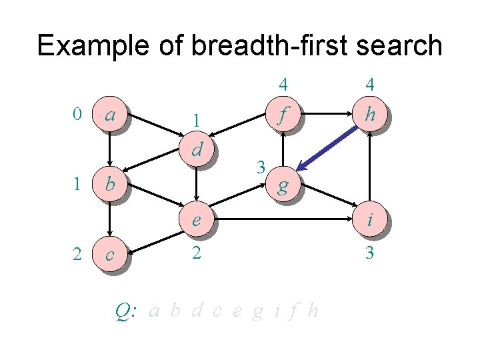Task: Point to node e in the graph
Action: [197, 220]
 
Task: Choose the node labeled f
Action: [283, 117]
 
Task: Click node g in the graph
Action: [283, 186]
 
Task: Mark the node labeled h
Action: [370, 115]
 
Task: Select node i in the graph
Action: [370, 220]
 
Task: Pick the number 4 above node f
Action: [283, 85]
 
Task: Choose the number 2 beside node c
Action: [77, 253]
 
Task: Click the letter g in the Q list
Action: [257, 311]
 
